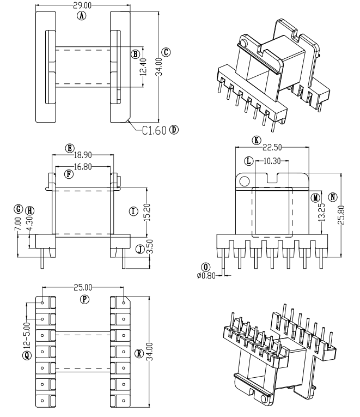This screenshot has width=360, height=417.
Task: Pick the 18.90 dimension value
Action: coord(84,155)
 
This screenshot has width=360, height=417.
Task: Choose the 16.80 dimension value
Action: coord(84,166)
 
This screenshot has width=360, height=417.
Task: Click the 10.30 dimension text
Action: coord(272,161)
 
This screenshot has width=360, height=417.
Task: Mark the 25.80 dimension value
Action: coord(341,214)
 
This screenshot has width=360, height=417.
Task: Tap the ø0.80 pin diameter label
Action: coord(206,275)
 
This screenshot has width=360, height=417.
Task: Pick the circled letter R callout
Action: coord(139,353)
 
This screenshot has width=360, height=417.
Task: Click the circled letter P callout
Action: coord(84,299)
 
